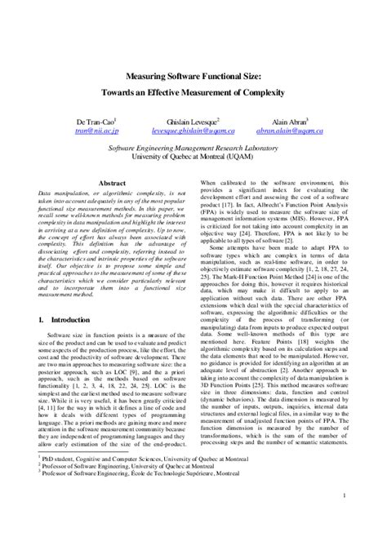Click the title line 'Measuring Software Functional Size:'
193,77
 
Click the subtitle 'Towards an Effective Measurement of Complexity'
193,92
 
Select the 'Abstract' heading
111,184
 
